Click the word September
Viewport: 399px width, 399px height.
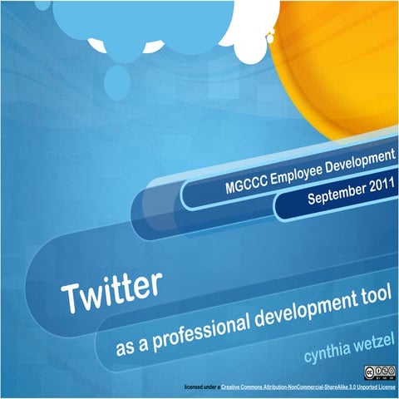(x=332, y=195)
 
